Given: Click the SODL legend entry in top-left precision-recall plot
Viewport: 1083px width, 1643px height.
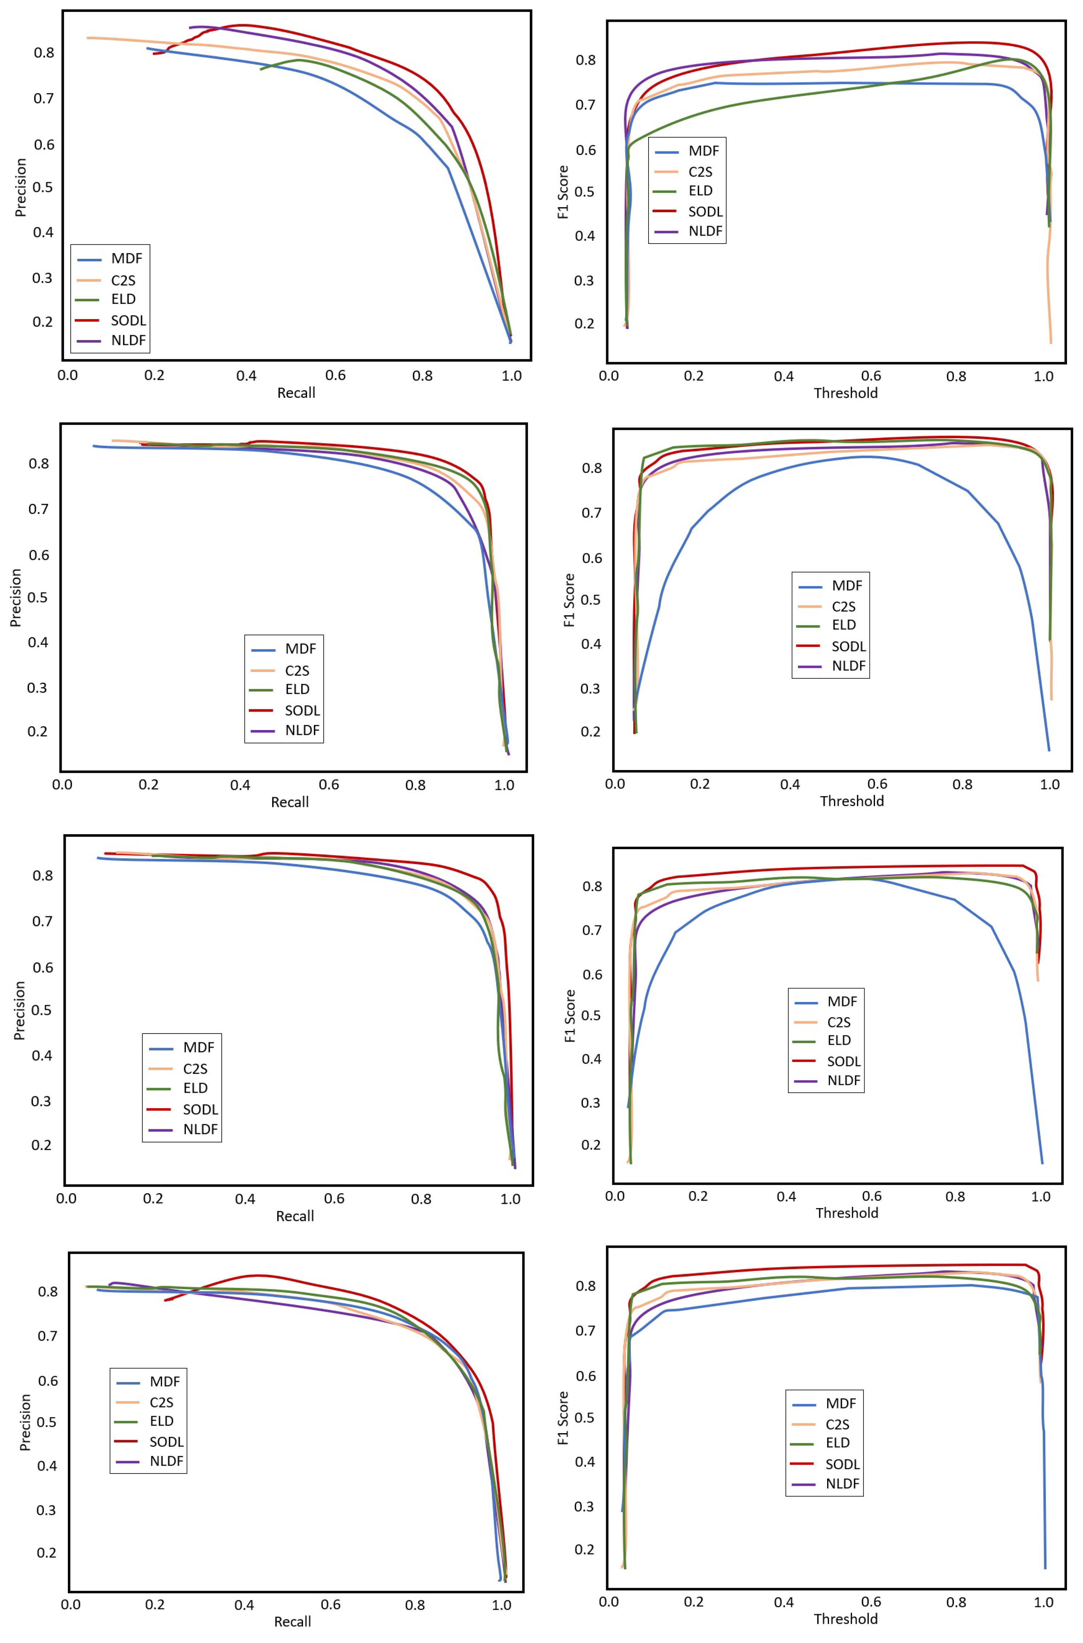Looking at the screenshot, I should point(128,321).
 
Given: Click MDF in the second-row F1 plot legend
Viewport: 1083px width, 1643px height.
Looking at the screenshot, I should point(846,586).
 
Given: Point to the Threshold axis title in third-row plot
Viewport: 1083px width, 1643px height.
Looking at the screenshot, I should point(847,1213).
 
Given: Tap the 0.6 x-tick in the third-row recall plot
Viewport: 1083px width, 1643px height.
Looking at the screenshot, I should point(334,1198).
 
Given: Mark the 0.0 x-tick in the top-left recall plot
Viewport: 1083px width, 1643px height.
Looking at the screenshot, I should point(68,376).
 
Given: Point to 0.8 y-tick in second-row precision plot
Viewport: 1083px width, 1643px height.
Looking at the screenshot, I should point(39,464).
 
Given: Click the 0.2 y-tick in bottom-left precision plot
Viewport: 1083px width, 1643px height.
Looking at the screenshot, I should point(46,1553).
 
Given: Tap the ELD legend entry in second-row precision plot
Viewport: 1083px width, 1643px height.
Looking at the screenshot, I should point(297,689).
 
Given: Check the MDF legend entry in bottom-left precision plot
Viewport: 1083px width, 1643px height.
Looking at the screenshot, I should point(164,1381).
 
